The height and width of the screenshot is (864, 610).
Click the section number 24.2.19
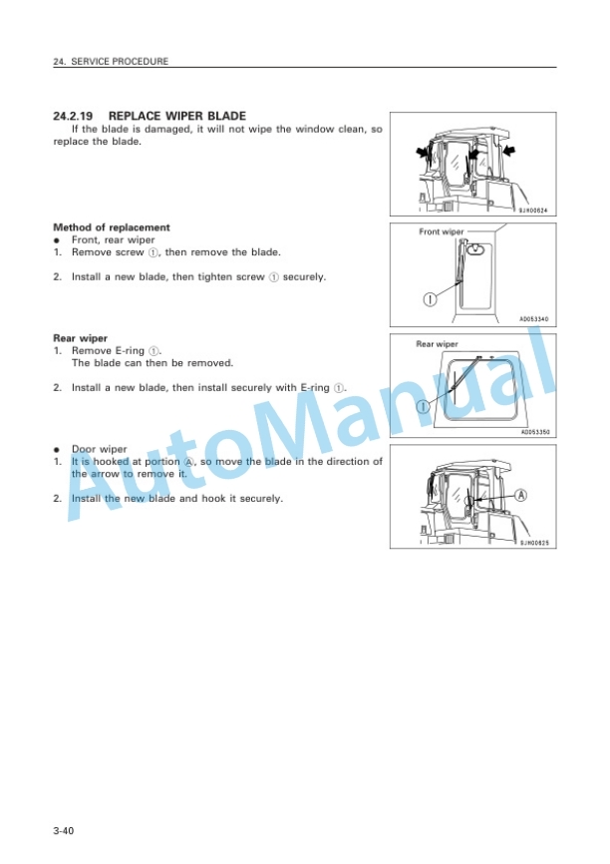coord(73,117)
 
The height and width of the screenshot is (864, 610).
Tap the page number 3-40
coord(64,830)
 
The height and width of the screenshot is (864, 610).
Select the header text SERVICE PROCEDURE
coord(120,61)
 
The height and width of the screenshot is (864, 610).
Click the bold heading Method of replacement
coord(112,227)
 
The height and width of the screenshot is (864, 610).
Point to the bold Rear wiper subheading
coord(80,338)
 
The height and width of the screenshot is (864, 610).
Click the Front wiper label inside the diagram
coord(441,232)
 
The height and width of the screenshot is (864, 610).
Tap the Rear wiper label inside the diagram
coord(437,344)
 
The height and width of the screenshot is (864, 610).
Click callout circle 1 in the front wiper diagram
coord(430,299)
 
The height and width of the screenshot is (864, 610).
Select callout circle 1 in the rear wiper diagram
coord(423,407)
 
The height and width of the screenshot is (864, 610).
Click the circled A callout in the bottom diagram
coord(520,495)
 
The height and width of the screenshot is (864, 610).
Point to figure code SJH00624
coord(533,211)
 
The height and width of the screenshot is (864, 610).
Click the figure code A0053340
coord(533,319)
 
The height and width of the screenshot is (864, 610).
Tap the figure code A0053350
coord(534,432)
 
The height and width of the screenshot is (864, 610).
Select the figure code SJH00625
coord(534,543)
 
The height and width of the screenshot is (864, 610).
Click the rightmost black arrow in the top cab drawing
coord(509,149)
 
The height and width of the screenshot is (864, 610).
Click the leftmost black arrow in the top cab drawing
coord(423,152)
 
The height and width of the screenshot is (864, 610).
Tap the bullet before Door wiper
coord(56,450)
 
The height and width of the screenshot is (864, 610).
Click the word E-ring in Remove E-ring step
coord(130,351)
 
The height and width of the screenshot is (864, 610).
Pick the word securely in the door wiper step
coord(261,499)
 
